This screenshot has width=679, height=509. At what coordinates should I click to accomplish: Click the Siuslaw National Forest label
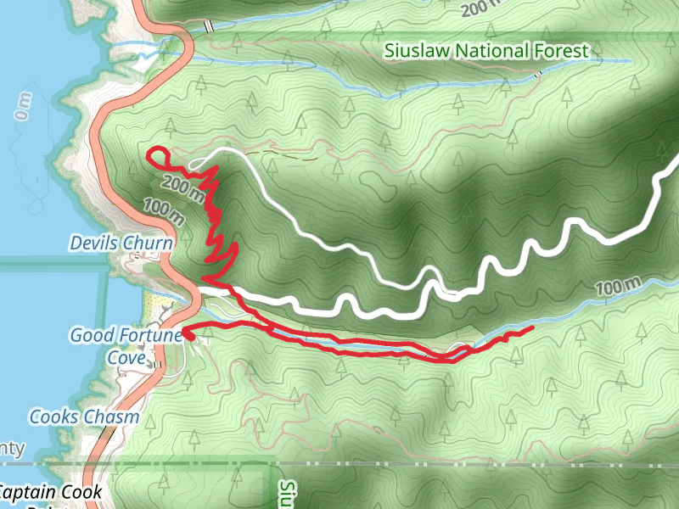[485, 51]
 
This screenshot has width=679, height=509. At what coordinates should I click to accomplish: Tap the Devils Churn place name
[121, 243]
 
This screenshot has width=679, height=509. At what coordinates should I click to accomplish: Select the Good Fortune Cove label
[126, 346]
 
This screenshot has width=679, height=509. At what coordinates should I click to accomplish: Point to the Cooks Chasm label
[84, 417]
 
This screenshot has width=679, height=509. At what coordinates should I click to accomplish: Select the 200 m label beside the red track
[182, 188]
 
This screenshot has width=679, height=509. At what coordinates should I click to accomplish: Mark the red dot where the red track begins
[188, 336]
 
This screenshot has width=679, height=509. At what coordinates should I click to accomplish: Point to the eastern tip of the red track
[531, 327]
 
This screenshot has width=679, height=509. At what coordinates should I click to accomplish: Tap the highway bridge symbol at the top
[208, 26]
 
